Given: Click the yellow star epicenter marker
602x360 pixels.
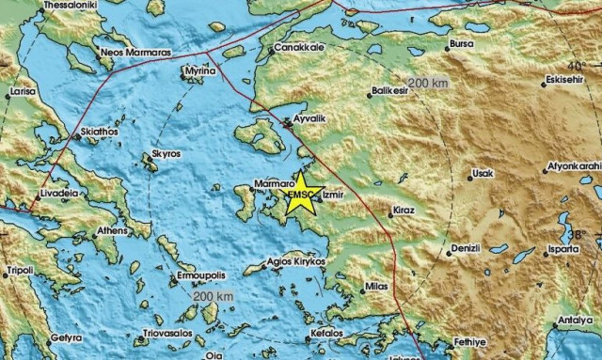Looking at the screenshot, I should point(303,196).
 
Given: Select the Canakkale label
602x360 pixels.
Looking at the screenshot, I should point(299,47).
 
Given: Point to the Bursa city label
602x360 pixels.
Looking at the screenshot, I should point(463,43).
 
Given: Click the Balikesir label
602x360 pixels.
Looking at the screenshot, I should point(392,93).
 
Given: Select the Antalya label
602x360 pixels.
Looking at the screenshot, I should point(578,321).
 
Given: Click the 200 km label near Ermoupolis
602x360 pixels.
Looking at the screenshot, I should point(213,298).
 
